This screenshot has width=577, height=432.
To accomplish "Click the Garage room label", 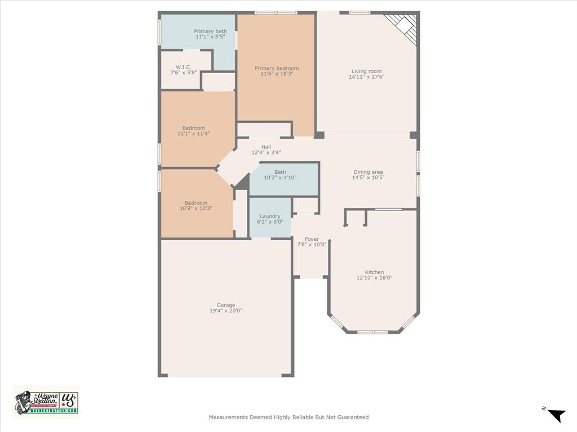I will click(226, 305).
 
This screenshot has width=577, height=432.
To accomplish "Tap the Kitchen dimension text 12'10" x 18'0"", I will click(374, 277).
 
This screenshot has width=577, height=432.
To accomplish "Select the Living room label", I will click(366, 71).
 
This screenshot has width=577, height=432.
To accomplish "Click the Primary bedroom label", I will click(276, 69).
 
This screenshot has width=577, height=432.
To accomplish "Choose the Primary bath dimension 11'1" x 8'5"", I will click(210, 37).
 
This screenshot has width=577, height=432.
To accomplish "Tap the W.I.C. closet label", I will click(184, 67).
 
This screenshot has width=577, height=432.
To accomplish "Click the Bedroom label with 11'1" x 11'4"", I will click(193, 128).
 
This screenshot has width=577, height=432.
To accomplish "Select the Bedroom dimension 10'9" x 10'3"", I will click(196, 208).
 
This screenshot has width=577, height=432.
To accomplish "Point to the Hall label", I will click(266, 147).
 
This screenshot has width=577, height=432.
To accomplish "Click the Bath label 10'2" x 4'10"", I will click(280, 172).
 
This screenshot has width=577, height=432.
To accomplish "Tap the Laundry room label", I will click(270, 217).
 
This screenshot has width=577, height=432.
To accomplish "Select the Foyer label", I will click(312, 239).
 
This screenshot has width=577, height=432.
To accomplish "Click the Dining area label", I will click(368, 172).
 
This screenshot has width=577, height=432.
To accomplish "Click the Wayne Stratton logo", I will click(46, 402).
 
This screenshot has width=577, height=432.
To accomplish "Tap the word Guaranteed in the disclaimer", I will click(353, 417).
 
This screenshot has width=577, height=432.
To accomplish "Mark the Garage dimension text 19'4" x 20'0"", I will click(226, 311).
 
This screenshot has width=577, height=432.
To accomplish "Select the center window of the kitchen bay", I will click(372, 332).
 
